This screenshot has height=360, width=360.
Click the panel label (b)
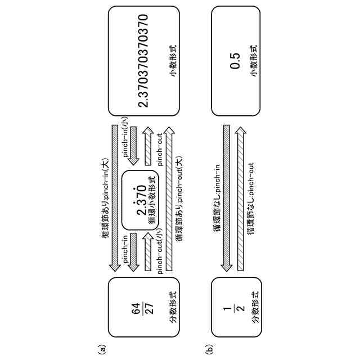(x=209, y=349)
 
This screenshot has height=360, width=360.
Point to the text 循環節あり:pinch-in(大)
(x=106, y=194)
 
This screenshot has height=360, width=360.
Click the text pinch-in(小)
(x=125, y=138)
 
